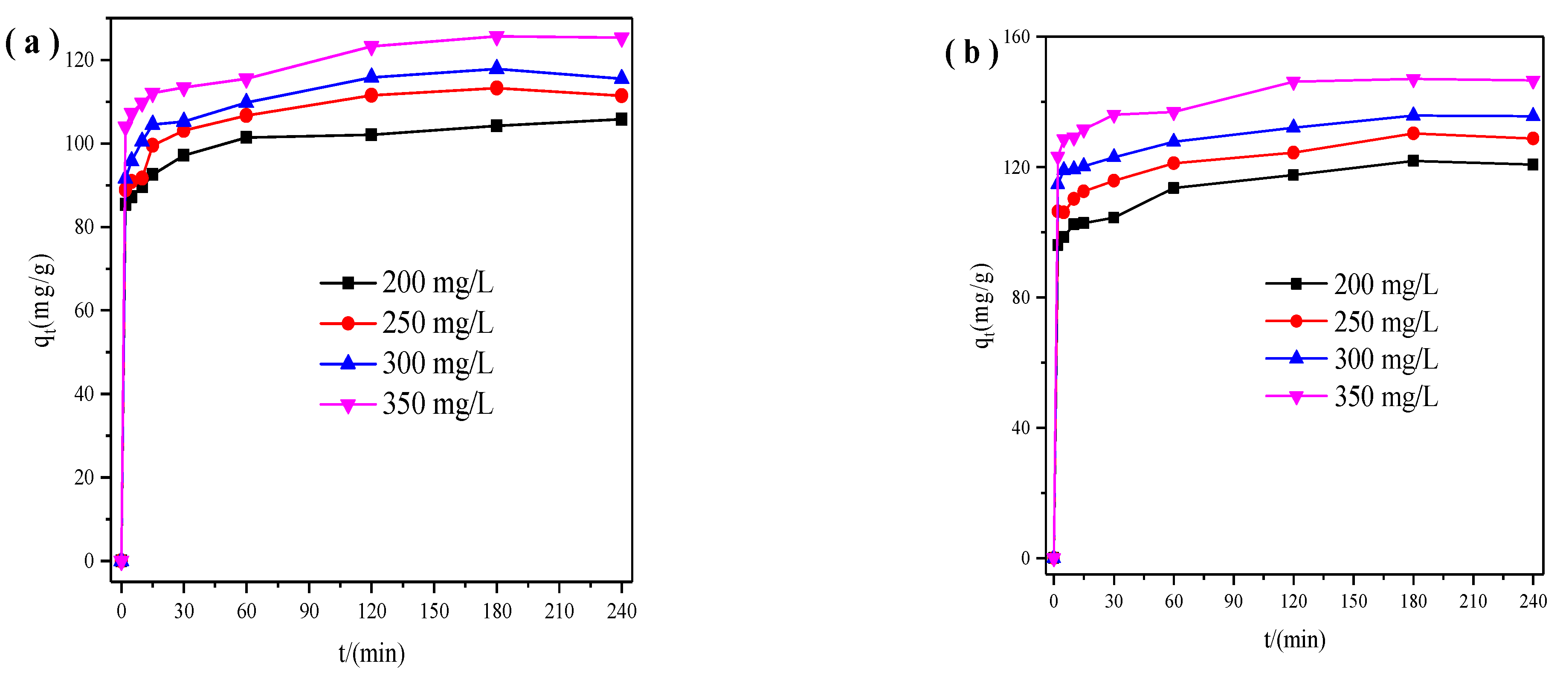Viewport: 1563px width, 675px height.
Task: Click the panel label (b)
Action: [971, 53]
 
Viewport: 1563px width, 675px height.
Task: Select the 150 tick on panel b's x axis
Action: [1353, 601]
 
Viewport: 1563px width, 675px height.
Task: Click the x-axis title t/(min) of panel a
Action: [371, 653]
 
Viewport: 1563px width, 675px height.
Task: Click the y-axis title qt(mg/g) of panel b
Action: [983, 305]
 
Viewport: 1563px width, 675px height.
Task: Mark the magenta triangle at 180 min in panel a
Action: [496, 37]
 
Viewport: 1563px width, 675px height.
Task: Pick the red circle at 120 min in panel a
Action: [371, 95]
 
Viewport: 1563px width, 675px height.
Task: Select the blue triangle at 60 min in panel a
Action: [246, 101]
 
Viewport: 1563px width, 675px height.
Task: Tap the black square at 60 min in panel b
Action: [1174, 188]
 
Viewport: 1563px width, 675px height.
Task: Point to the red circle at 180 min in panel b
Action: [1413, 133]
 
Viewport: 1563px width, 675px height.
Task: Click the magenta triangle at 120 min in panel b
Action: [1293, 83]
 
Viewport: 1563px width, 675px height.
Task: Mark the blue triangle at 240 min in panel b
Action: [1533, 115]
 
